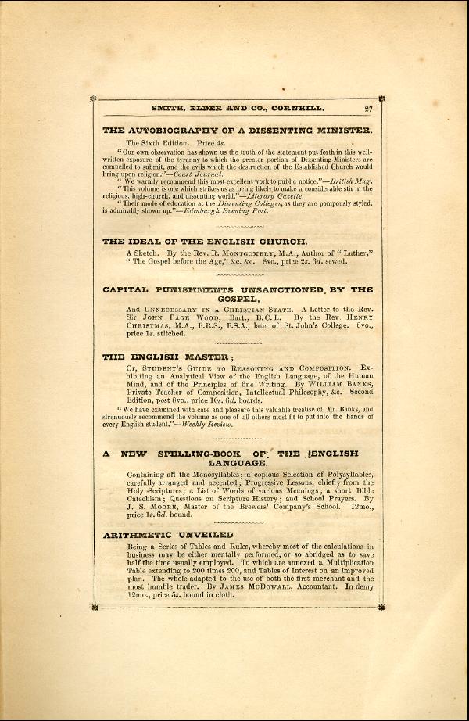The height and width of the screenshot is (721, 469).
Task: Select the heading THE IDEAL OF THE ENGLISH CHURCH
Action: pyautogui.click(x=205, y=242)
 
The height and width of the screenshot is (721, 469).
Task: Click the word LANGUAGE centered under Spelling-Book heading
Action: pyautogui.click(x=238, y=462)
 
